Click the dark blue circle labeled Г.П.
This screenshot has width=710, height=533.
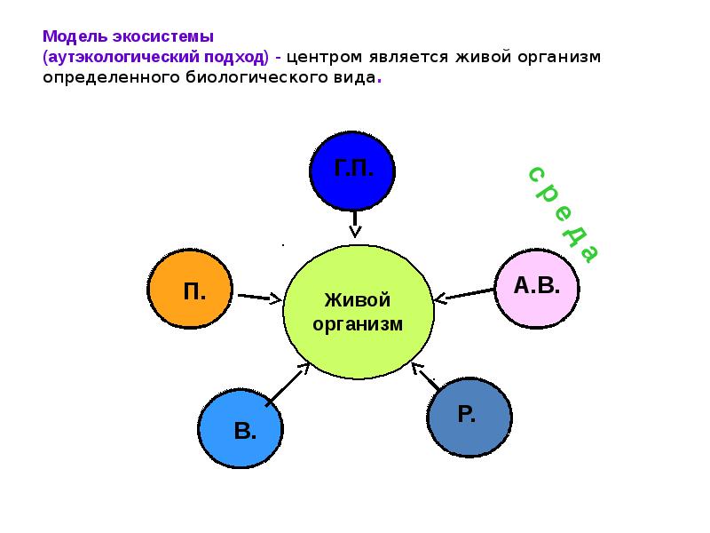pos(353,168)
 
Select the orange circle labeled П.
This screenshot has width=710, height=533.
pos(191,290)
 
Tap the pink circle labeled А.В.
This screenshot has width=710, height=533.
pos(537,290)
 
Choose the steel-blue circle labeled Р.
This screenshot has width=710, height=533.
pos(469,416)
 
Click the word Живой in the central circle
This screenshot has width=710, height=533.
pos(358,300)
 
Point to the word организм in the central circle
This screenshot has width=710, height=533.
pos(358,324)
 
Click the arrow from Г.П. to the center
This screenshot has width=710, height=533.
pos(355,223)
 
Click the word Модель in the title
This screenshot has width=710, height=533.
pos(75,37)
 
